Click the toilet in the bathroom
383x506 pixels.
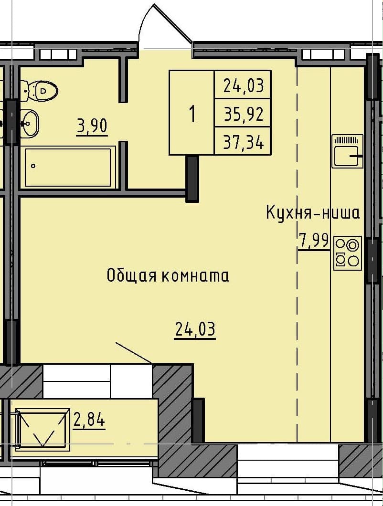click(42, 90)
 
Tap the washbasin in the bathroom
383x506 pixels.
click(30, 124)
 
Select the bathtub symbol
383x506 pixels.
click(70, 167)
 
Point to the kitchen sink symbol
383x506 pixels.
click(347, 151)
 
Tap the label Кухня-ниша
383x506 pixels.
click(313, 212)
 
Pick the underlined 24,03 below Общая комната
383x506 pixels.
click(195, 329)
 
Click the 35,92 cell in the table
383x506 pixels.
click(243, 114)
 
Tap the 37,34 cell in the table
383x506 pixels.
click(243, 142)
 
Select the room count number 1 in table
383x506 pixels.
click(192, 114)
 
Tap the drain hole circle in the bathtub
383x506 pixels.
click(33, 167)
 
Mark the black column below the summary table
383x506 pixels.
click(192, 178)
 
